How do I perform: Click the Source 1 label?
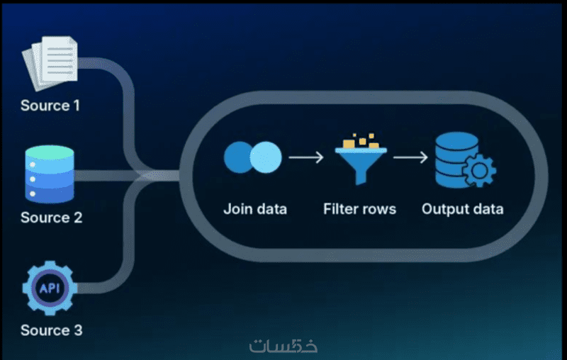(50, 106)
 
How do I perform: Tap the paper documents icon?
(50, 63)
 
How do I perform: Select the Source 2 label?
(51, 218)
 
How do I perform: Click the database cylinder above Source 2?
(50, 174)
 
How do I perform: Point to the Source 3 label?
(51, 330)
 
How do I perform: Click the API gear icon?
(50, 288)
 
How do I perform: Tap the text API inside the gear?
(50, 288)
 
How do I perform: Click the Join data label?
(255, 209)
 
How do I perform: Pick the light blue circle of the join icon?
(266, 157)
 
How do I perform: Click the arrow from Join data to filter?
(306, 157)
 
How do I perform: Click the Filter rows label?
(359, 209)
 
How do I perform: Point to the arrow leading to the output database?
(410, 157)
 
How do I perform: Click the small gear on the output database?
(479, 171)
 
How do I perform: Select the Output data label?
(463, 209)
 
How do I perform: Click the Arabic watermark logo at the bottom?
(283, 346)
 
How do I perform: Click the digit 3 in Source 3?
(78, 330)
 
